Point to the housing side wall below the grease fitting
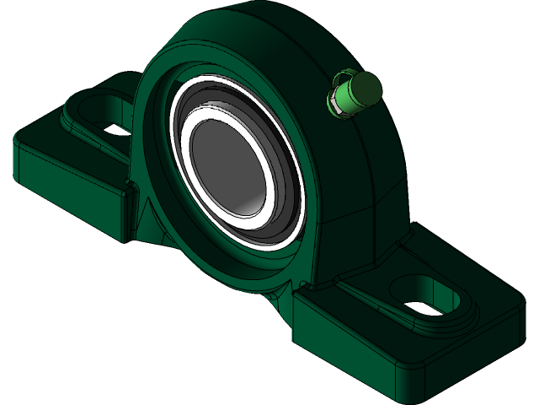click(x=371, y=169)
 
